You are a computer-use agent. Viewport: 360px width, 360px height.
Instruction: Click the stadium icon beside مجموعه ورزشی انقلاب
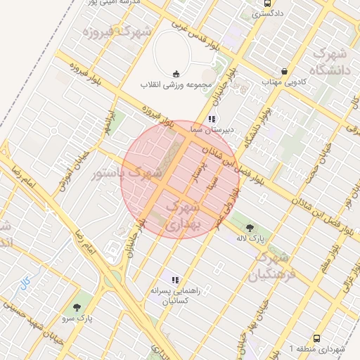tap(175, 74)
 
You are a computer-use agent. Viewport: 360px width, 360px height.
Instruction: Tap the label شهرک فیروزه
tap(117, 32)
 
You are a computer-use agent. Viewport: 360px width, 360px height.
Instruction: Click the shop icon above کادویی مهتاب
tap(284, 72)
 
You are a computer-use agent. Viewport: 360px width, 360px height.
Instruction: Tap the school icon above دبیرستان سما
tap(212, 120)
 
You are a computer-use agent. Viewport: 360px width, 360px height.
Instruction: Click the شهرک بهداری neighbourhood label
tap(186, 215)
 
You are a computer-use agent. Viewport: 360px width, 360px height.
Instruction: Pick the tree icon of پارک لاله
tap(250, 227)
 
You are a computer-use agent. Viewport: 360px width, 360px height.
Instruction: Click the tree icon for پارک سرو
tap(77, 307)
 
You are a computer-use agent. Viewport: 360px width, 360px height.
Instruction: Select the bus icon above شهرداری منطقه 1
tap(316, 338)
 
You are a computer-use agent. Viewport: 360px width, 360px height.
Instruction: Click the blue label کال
tap(25, 283)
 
